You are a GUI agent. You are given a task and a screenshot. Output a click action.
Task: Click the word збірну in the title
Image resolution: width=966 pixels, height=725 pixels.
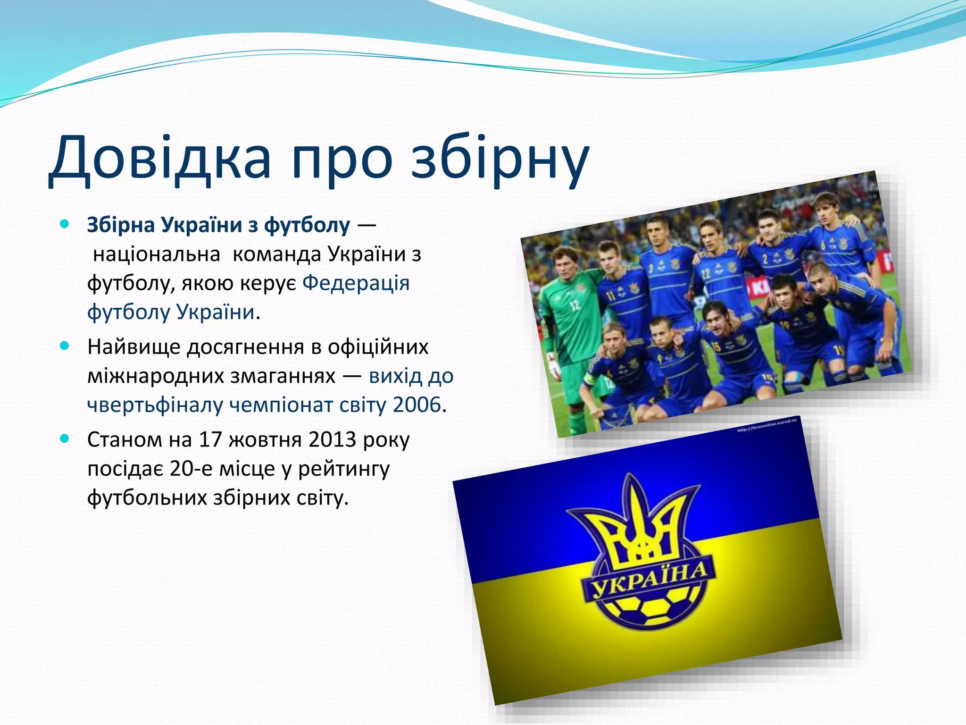click(x=500, y=158)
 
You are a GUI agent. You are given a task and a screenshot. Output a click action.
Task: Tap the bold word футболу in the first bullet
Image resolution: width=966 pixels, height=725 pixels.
click(x=307, y=225)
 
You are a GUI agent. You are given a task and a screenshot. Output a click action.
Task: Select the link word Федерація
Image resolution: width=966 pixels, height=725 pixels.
click(x=356, y=283)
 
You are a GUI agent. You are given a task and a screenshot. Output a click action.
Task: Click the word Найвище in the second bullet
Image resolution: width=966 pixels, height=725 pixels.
click(x=133, y=347)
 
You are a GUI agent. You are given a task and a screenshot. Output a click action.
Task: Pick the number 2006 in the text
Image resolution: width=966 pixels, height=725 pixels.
click(x=416, y=405)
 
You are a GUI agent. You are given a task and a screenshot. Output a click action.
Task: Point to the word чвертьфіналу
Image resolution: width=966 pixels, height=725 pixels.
click(x=155, y=405)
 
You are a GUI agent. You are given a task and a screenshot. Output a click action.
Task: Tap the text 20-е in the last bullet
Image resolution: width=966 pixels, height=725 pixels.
click(x=188, y=469)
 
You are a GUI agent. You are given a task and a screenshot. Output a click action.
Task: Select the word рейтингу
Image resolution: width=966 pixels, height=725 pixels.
click(x=344, y=469)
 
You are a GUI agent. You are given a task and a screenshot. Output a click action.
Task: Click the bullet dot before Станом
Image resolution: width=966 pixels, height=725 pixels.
click(x=65, y=439)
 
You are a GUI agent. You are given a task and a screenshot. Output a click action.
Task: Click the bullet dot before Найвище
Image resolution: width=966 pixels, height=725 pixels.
click(x=65, y=346)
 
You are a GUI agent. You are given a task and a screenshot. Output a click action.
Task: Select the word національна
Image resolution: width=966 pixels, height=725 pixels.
click(x=157, y=254)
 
